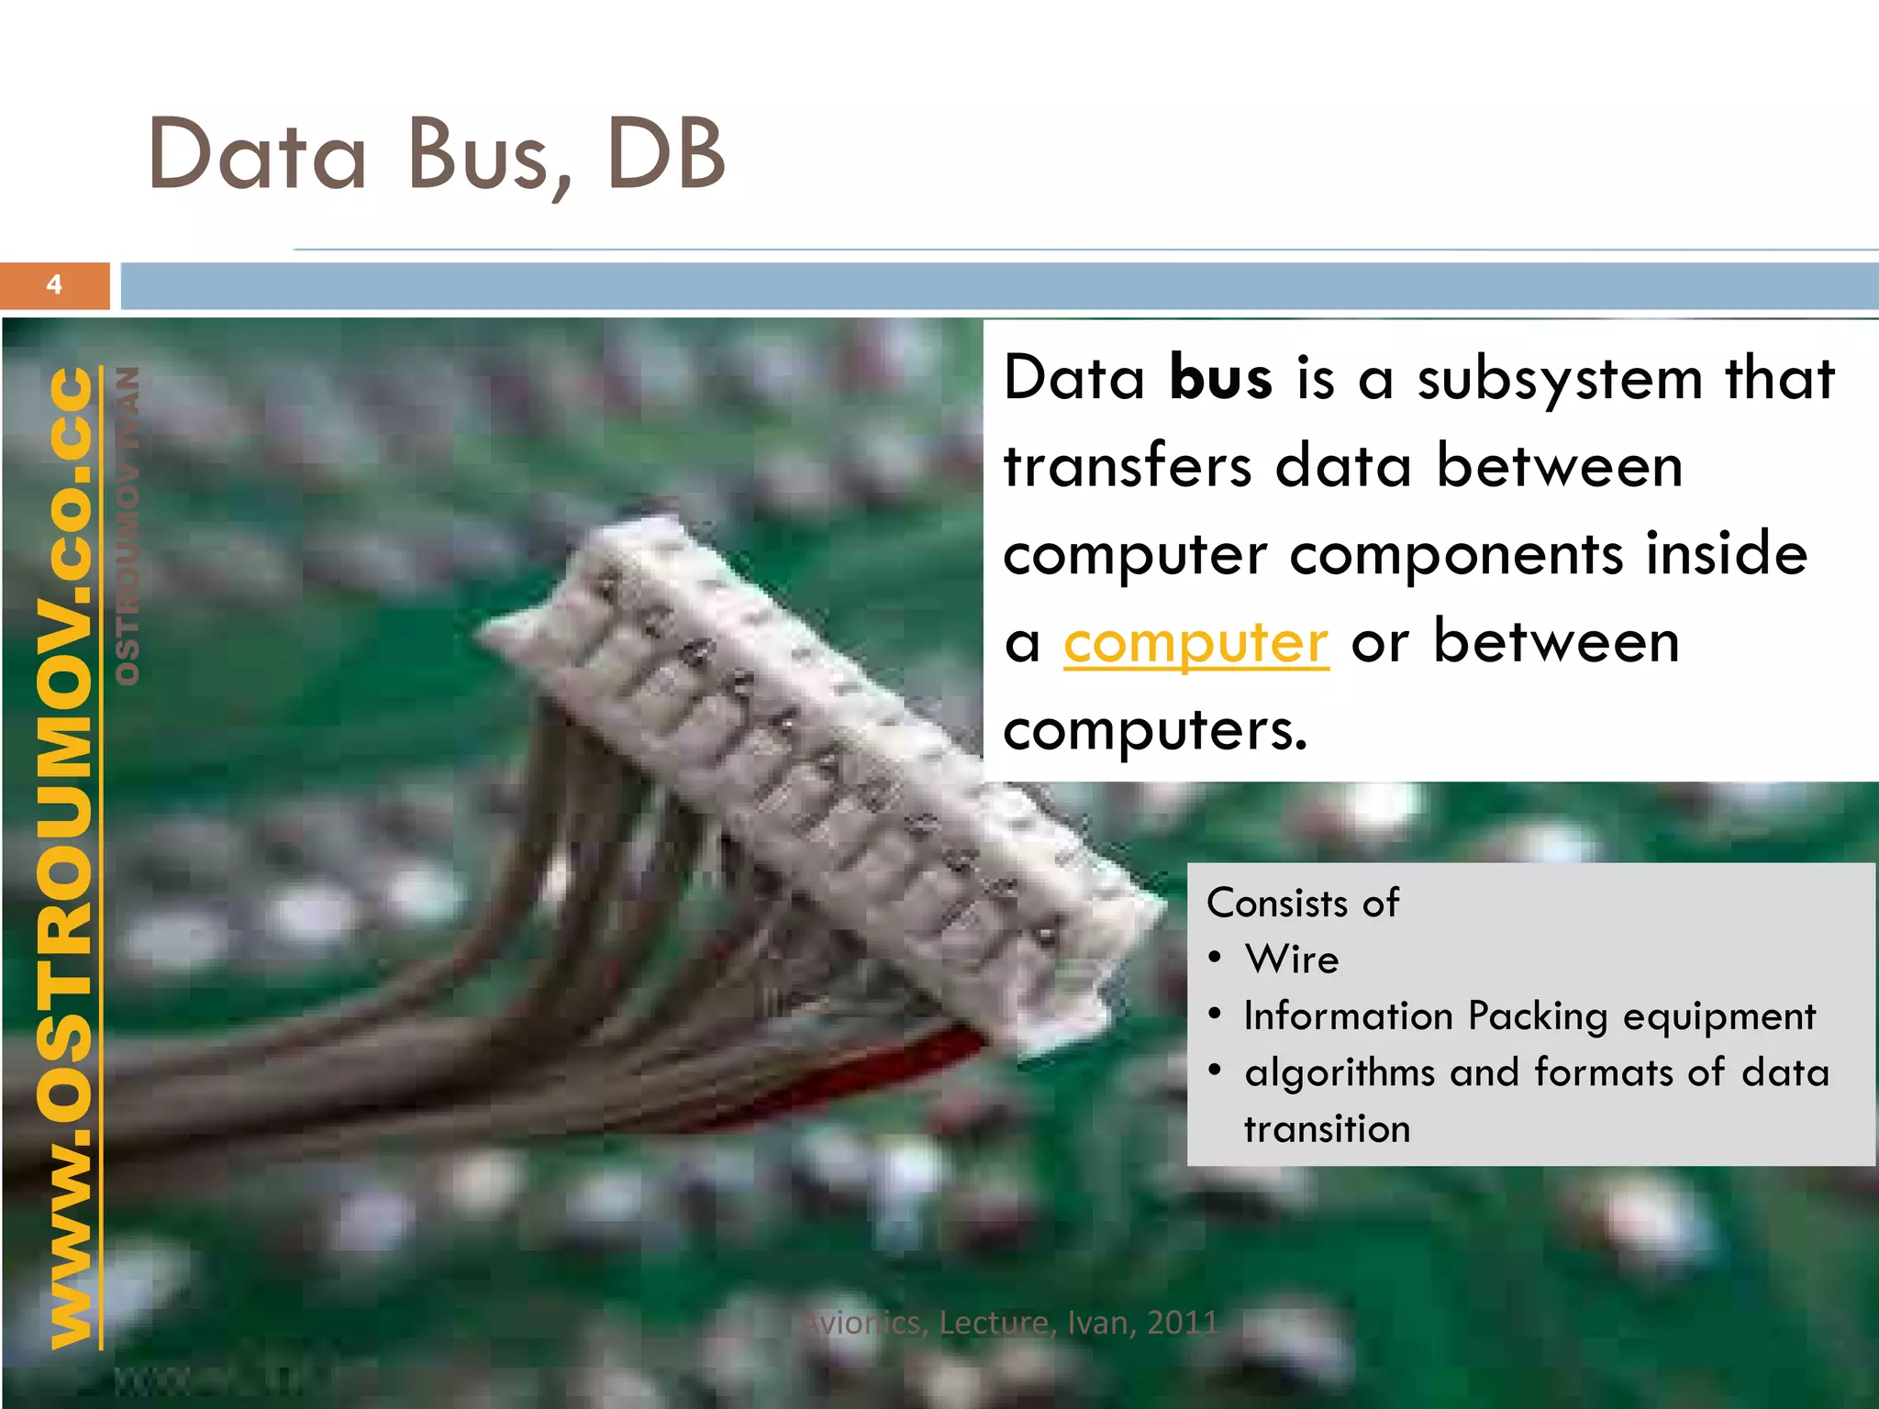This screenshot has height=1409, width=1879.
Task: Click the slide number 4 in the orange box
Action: pyautogui.click(x=54, y=285)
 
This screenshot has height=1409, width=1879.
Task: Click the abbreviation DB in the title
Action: pyautogui.click(x=665, y=154)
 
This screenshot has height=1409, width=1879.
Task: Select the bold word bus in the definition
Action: pyautogui.click(x=1220, y=378)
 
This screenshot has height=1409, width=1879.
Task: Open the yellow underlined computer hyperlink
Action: pyautogui.click(x=1195, y=643)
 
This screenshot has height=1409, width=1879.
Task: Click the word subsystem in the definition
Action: pyautogui.click(x=1560, y=380)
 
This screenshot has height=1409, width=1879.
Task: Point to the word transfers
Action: pyautogui.click(x=1128, y=465)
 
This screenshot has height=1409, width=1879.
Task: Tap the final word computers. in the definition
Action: pyautogui.click(x=1154, y=730)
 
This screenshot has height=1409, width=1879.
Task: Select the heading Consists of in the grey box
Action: pyautogui.click(x=1302, y=904)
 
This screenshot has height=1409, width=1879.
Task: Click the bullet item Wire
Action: pyautogui.click(x=1292, y=960)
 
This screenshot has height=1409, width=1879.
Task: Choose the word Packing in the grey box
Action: pyautogui.click(x=1537, y=1017)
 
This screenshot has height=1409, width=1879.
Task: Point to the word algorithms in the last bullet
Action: pyautogui.click(x=1340, y=1073)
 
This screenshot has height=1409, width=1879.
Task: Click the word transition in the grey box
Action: pyautogui.click(x=1327, y=1129)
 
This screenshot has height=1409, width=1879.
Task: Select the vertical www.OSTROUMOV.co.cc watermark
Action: pyautogui.click(x=72, y=858)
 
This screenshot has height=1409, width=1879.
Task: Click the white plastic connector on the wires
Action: pyautogui.click(x=807, y=761)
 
